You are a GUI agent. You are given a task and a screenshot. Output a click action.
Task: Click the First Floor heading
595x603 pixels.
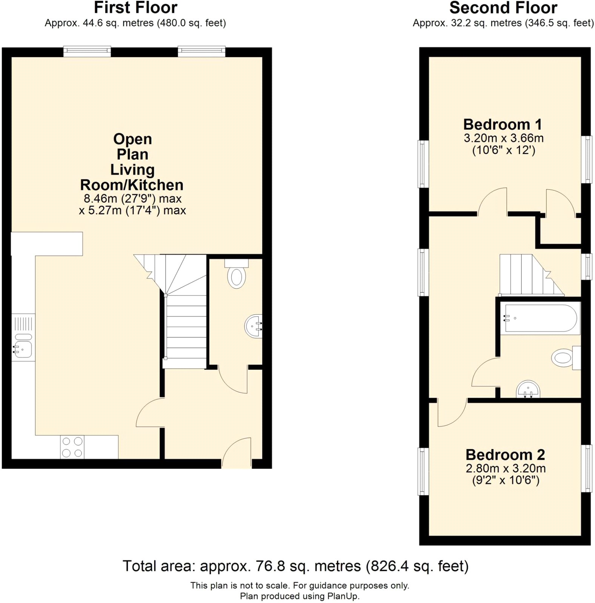pyautogui.click(x=135, y=8)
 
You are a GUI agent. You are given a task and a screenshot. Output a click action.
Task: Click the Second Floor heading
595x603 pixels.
pyautogui.click(x=503, y=8)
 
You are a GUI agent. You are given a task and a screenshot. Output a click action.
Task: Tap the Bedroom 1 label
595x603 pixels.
pyautogui.click(x=503, y=124)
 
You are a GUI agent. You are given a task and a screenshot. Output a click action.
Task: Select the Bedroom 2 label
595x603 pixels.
pyautogui.click(x=505, y=455)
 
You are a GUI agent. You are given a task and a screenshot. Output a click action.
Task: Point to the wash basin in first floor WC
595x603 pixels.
pyautogui.click(x=254, y=326)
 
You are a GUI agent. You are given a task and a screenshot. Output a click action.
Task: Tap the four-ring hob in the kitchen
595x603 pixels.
pyautogui.click(x=72, y=447)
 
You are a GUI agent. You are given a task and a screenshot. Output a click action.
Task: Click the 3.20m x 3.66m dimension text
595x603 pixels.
pyautogui.click(x=503, y=138)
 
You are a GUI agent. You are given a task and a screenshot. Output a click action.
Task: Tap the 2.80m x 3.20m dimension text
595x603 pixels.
pyautogui.click(x=506, y=468)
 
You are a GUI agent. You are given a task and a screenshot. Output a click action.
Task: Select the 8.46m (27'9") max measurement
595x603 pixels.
pyautogui.click(x=132, y=198)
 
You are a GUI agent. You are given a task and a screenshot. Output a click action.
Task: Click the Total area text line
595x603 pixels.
pyautogui.click(x=295, y=566)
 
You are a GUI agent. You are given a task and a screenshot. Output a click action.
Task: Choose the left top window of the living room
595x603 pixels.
pyautogui.click(x=87, y=51)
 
